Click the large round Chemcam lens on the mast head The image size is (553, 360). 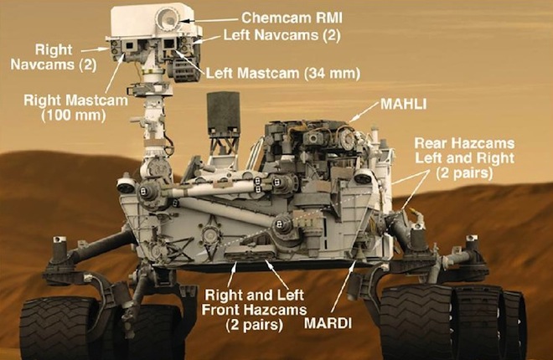point(169,18)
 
